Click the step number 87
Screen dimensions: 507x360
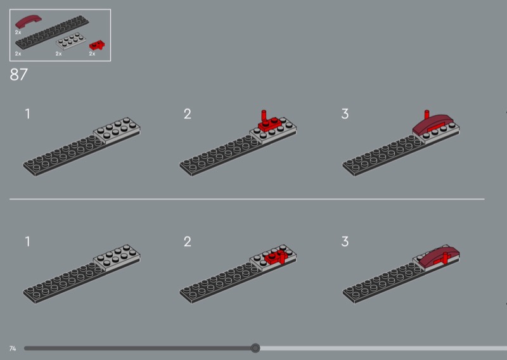(19, 75)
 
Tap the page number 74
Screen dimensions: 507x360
(13, 349)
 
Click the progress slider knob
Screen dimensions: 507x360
(255, 348)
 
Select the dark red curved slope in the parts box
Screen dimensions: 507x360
(28, 22)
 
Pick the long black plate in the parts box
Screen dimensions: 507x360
(52, 32)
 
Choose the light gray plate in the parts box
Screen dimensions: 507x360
(71, 41)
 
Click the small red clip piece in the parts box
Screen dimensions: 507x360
(97, 45)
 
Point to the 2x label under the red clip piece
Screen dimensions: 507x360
(92, 54)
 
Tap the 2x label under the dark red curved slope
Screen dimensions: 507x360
(18, 32)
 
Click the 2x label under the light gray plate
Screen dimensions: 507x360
(58, 54)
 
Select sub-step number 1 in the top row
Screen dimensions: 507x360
(27, 114)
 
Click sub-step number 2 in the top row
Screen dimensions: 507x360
(187, 114)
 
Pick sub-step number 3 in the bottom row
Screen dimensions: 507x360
(345, 241)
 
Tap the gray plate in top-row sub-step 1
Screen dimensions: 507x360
(117, 131)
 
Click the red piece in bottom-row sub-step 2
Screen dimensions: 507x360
(276, 257)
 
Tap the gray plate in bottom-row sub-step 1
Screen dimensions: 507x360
(117, 258)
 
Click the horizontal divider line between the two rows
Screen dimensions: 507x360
(247, 199)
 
